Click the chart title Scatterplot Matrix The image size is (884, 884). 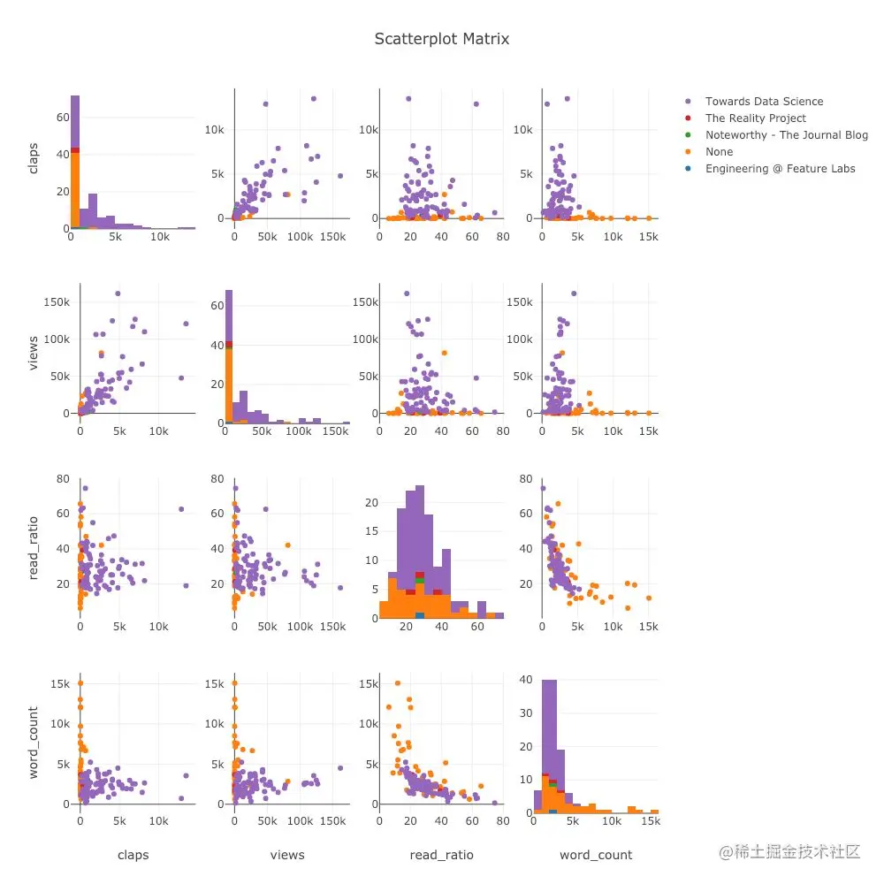pos(441,39)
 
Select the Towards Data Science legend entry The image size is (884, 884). pos(764,102)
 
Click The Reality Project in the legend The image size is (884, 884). pos(755,118)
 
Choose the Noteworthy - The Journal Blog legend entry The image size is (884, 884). pos(786,135)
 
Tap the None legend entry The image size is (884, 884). pos(720,152)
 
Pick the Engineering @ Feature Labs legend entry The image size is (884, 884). pos(780,169)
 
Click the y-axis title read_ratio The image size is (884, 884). pos(34,549)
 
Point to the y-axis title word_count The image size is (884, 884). pos(34,743)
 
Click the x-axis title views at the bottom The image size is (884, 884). pos(287,855)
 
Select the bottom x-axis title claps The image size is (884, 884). pos(133,855)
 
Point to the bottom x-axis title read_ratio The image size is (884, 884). pos(441,855)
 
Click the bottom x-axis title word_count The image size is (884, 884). pos(596,855)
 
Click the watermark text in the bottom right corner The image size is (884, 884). pos(789,851)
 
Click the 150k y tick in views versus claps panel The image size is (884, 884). pos(58,302)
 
